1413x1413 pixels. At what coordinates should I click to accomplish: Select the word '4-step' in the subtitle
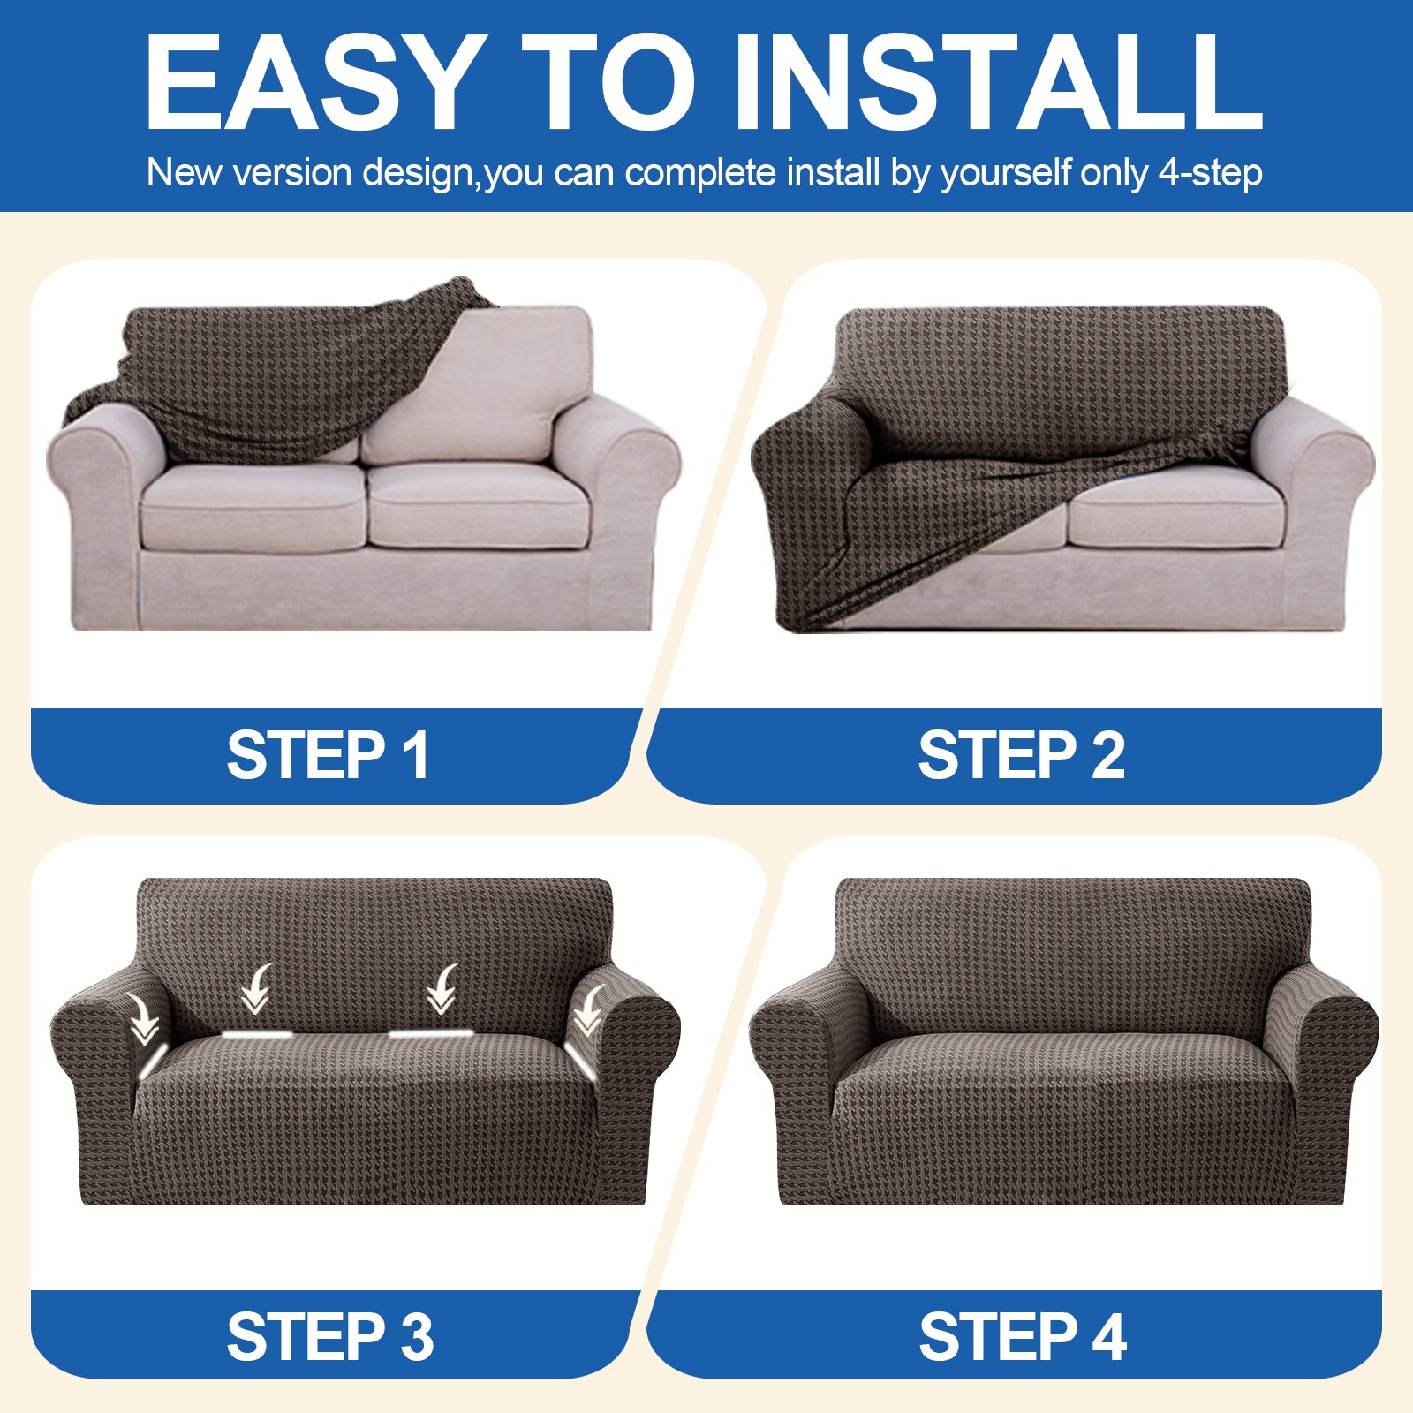tap(1210, 173)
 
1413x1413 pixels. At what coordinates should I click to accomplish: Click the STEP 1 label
tap(329, 756)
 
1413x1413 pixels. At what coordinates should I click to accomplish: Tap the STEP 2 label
tap(1022, 756)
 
